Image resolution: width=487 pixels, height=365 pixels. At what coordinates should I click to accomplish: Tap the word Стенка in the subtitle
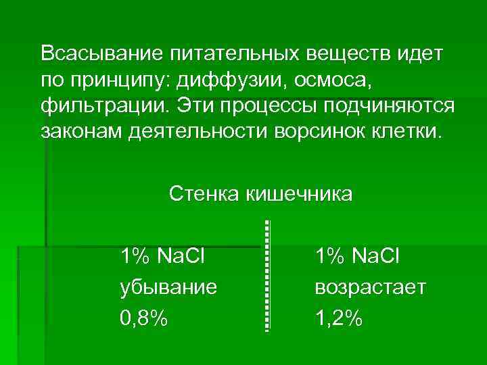tap(206, 195)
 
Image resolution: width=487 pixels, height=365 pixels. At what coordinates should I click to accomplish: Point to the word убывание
tap(168, 287)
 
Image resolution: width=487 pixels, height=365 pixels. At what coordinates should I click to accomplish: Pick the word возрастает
tap(370, 287)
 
